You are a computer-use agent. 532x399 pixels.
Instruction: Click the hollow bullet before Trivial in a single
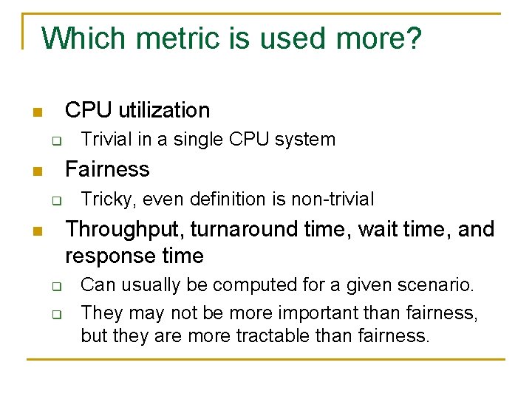55,140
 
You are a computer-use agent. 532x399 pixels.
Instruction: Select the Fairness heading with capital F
107,169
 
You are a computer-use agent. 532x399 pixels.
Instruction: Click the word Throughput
124,230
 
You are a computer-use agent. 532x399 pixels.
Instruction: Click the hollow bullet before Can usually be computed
55,285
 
